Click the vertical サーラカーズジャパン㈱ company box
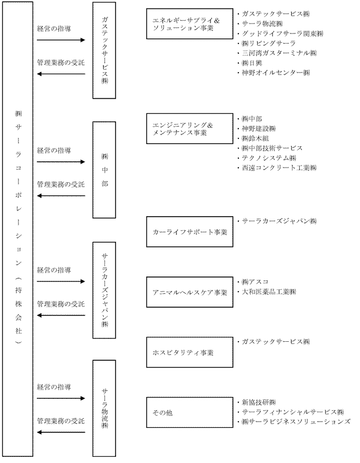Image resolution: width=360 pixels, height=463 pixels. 104,290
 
